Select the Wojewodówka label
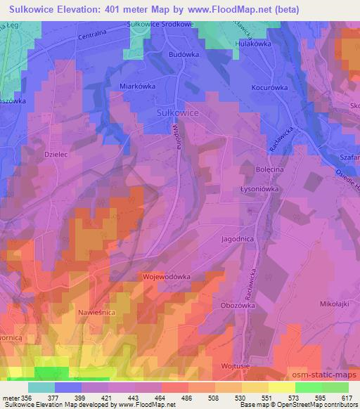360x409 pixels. pyautogui.click(x=167, y=277)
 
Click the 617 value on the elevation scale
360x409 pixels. pyautogui.click(x=347, y=397)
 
